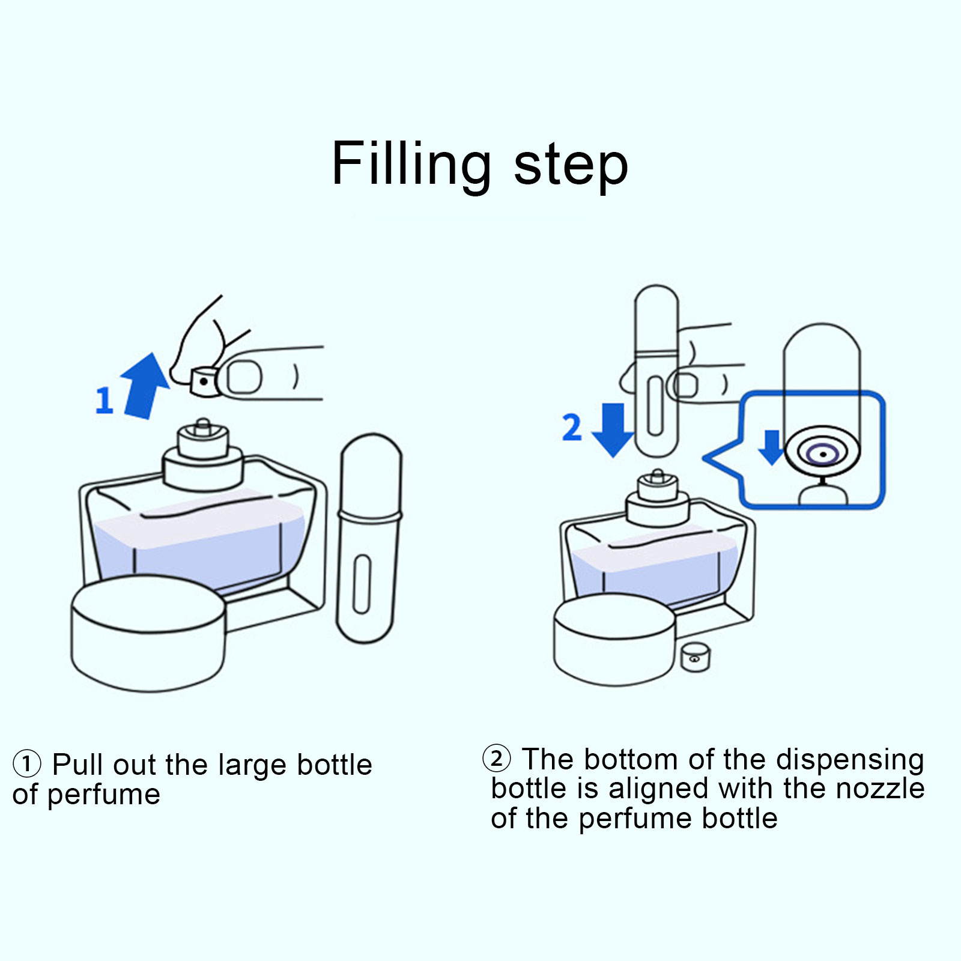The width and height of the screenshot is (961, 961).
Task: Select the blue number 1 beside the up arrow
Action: [x=104, y=400]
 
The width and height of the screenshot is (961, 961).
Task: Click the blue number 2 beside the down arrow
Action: [x=572, y=427]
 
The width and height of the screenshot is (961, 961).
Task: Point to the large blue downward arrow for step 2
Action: [x=612, y=429]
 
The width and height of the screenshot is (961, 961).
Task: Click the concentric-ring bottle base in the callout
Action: [x=822, y=454]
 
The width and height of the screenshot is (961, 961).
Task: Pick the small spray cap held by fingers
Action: [x=204, y=382]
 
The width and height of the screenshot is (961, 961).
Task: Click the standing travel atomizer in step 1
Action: [x=368, y=538]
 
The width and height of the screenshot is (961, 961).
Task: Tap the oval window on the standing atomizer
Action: [x=362, y=584]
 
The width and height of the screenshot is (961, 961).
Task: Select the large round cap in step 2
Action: [x=614, y=640]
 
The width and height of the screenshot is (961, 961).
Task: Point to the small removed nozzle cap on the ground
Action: [x=696, y=657]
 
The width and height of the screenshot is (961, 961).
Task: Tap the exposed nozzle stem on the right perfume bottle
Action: [x=658, y=479]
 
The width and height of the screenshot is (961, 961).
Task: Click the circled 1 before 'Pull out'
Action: [x=26, y=764]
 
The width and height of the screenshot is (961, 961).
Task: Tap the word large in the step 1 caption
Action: [x=252, y=765]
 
